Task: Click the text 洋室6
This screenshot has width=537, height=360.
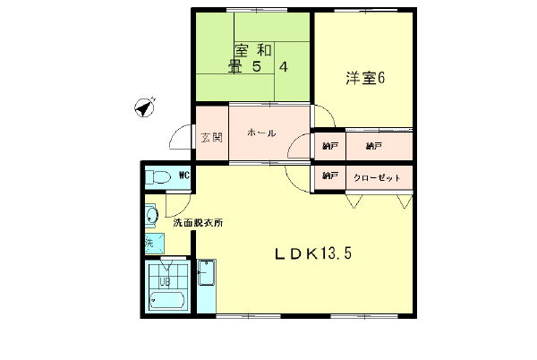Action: pos(365,77)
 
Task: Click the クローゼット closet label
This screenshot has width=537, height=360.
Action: pos(376,176)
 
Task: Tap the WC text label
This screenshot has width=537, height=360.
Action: pos(183,176)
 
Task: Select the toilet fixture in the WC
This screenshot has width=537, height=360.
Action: pos(158,176)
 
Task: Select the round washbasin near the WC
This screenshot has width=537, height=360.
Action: pos(150,215)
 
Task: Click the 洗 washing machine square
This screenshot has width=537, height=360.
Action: pos(149,243)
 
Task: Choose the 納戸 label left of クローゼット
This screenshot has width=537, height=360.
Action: pos(330,176)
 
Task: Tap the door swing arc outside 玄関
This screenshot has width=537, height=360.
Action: pos(183,140)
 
